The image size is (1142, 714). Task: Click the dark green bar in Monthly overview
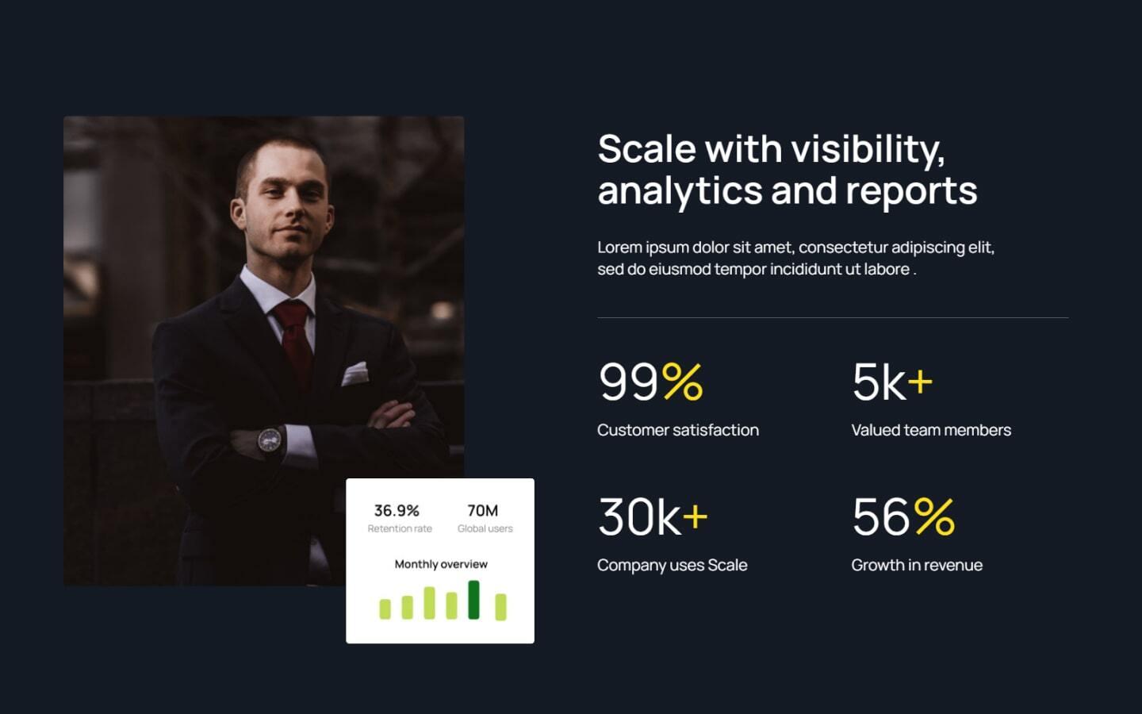point(473,600)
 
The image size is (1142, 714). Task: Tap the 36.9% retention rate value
point(397,510)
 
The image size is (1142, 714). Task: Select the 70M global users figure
point(482,510)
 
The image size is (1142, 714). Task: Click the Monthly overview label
point(441,564)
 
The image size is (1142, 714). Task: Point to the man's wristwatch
point(270,440)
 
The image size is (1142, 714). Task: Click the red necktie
point(295,337)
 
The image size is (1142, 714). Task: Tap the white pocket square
point(354,373)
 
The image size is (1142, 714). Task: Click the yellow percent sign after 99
point(682,382)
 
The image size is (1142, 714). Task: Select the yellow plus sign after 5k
point(920,382)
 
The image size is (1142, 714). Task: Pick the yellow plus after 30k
point(695,517)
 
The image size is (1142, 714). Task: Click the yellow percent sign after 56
point(934,516)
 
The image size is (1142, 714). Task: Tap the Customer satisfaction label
point(677,430)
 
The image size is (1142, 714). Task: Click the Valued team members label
point(931,430)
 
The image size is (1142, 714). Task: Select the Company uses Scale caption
point(672,565)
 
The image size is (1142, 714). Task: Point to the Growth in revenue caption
point(917,565)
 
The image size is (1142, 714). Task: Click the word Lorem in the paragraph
point(619,248)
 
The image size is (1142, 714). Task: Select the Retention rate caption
point(400,528)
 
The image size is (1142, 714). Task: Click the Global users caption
point(485,528)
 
